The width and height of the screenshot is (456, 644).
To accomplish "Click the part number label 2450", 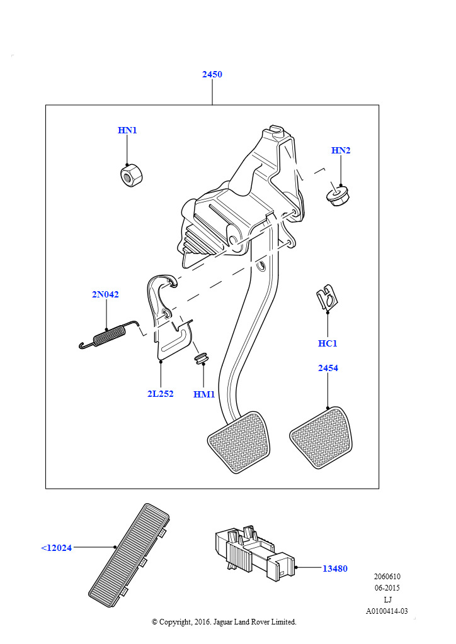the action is coord(212,74).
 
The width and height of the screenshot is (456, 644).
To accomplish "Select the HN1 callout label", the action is coord(127,130).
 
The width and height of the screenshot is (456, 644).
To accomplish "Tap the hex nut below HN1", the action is coord(131,175).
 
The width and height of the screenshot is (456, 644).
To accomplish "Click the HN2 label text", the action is coord(341,150).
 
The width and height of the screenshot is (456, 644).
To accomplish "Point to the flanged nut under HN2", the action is coord(338,196).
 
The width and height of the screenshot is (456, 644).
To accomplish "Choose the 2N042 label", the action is coord(105,294).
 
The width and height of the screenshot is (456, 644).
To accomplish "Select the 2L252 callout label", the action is coord(161,394).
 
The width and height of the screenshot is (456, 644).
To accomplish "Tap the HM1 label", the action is coord(204,395).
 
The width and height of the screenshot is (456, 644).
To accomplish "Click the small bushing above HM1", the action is coord(202,357).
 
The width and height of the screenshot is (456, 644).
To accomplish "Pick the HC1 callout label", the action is coord(328,343).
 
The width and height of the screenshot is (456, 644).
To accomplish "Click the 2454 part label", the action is coord(328,368).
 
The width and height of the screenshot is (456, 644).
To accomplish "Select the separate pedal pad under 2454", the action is coord(321,438).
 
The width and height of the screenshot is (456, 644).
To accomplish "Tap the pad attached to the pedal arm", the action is coord(239,442).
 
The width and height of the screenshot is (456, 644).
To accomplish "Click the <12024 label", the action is coord(56,548).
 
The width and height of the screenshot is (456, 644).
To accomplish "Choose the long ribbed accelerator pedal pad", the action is coord(128,555).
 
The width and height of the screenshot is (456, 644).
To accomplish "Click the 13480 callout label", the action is coord(334,569).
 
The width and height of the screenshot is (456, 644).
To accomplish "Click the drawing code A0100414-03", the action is coord(387,611).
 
